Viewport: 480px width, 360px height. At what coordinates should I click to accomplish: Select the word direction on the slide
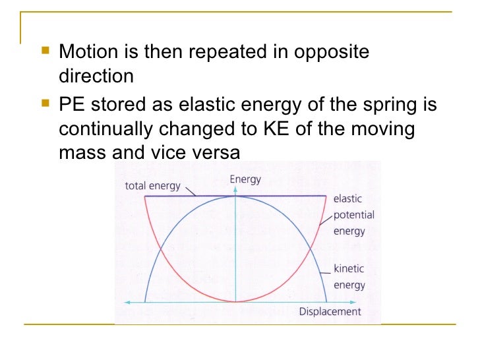point(96,76)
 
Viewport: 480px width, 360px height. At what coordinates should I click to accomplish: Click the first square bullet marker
point(45,50)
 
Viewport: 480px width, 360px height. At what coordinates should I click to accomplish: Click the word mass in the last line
point(80,154)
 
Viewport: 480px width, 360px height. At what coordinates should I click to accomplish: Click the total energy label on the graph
point(152,186)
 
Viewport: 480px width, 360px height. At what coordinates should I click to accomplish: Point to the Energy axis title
point(245,179)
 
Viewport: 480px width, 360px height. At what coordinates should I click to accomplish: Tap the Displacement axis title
point(330,312)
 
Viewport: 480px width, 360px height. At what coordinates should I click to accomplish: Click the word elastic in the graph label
point(347,198)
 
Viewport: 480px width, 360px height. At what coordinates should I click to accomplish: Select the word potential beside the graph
point(353,215)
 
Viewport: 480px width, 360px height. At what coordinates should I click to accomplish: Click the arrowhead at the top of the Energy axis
point(235,189)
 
